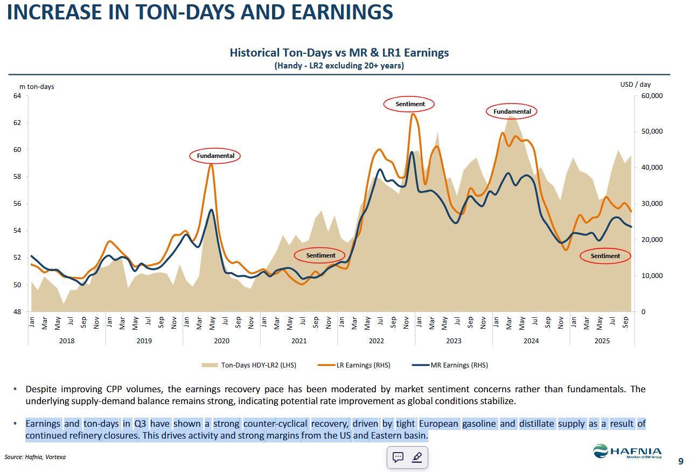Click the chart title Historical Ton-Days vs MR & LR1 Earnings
click(339, 53)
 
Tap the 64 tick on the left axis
click(17, 96)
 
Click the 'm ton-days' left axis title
click(37, 86)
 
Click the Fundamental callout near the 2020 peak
click(215, 156)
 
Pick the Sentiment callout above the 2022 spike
click(409, 103)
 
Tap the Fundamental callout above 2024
click(512, 112)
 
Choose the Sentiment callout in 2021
click(320, 255)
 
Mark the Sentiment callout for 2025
click(605, 256)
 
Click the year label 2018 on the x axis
click(67, 341)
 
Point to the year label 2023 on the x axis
click(454, 341)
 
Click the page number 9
click(681, 461)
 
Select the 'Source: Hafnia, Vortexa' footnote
click(35, 457)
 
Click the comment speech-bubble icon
click(398, 457)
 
